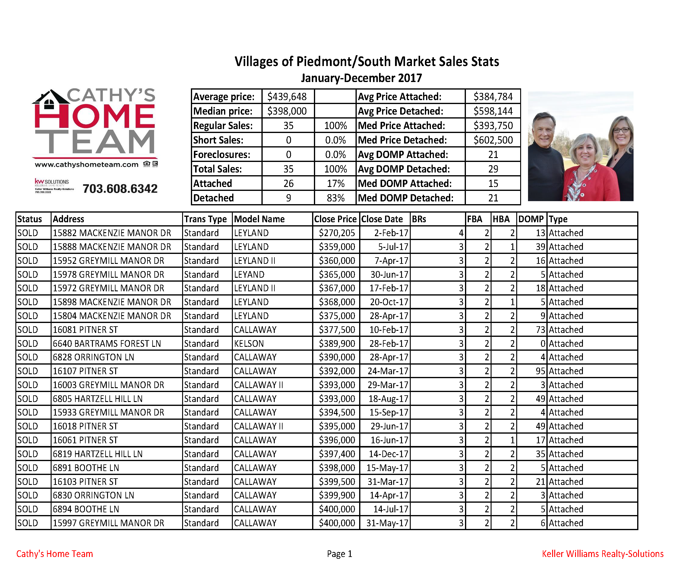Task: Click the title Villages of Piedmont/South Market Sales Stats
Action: tap(367, 62)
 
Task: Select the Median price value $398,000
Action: tap(287, 111)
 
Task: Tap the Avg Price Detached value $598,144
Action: tap(493, 111)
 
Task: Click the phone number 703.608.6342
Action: tap(120, 189)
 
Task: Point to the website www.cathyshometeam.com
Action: tap(87, 164)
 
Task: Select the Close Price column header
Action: tap(335, 219)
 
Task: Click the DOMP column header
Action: tap(531, 219)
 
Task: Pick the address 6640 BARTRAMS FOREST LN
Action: tap(107, 343)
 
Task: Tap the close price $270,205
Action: tap(337, 233)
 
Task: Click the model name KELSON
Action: tap(249, 343)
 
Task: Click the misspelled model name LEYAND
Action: tap(249, 274)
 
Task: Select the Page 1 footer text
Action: tap(339, 554)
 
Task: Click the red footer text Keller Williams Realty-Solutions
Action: tap(603, 554)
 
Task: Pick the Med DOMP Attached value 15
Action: tap(493, 183)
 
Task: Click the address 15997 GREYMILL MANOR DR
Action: tap(108, 523)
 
